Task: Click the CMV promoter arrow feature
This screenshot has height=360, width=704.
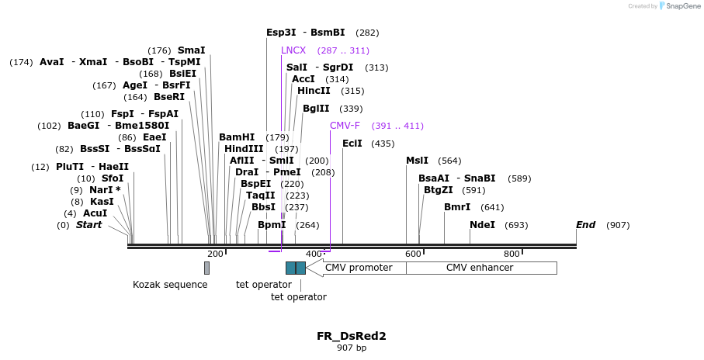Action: click(x=357, y=268)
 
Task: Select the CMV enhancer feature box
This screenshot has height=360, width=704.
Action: click(x=480, y=268)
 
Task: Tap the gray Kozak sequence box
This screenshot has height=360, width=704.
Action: click(x=206, y=268)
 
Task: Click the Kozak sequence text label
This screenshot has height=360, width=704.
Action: click(x=170, y=284)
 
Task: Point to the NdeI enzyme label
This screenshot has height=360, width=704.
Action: click(x=482, y=225)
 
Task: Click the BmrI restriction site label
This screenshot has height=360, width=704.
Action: click(x=457, y=207)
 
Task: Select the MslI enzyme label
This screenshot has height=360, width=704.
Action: click(x=417, y=161)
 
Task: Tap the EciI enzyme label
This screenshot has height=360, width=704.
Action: click(x=352, y=144)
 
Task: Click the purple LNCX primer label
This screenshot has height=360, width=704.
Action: click(x=293, y=50)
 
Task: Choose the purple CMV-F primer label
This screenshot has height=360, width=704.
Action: click(x=345, y=126)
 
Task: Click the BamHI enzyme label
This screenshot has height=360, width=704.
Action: click(x=237, y=137)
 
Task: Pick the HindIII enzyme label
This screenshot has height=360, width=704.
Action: click(x=244, y=149)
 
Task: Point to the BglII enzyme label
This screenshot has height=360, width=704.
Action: click(x=316, y=109)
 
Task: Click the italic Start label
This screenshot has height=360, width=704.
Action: click(x=88, y=225)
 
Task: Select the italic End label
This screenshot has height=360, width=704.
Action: click(x=585, y=225)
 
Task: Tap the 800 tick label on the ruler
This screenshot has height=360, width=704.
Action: click(x=512, y=254)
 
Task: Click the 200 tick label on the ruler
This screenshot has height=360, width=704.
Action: click(x=215, y=254)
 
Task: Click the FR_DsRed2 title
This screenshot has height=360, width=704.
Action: click(x=352, y=336)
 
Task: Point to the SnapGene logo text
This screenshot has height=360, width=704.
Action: click(x=680, y=6)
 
